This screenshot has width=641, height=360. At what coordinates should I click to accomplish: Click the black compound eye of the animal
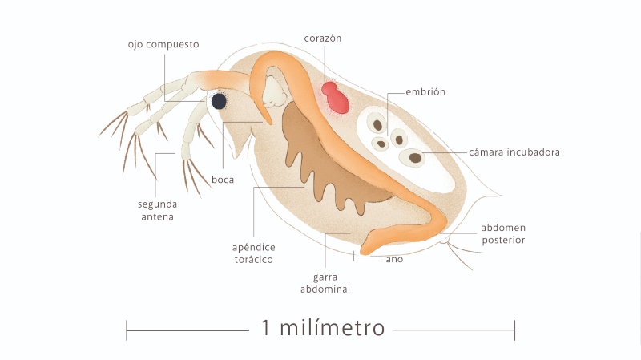coord(219,102)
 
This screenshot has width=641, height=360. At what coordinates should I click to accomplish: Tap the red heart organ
coord(335,98)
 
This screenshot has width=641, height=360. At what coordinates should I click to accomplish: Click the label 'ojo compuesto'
coord(163,44)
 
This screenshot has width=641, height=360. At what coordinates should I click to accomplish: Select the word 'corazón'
coord(323,38)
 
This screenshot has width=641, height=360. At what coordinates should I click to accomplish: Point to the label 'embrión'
coord(425,91)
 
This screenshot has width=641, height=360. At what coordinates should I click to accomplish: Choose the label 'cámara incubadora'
coord(514,152)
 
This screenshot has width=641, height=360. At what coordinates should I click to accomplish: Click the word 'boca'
coord(223,180)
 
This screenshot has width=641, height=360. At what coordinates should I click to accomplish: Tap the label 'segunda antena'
coord(157,210)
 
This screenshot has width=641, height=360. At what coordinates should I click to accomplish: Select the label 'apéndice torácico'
coord(253,253)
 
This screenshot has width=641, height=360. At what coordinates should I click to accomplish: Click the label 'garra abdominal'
coord(325,283)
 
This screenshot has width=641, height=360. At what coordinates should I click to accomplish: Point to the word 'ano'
coord(394,259)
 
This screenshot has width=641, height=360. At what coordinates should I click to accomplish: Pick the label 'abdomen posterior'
coord(503,233)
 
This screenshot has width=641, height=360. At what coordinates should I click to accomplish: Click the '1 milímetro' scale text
coord(323,328)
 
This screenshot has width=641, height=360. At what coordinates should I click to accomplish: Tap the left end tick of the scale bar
coord(127,330)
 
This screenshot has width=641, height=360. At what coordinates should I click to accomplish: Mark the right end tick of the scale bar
coord(514,330)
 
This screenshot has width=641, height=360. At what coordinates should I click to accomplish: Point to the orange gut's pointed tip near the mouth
coord(269,122)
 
